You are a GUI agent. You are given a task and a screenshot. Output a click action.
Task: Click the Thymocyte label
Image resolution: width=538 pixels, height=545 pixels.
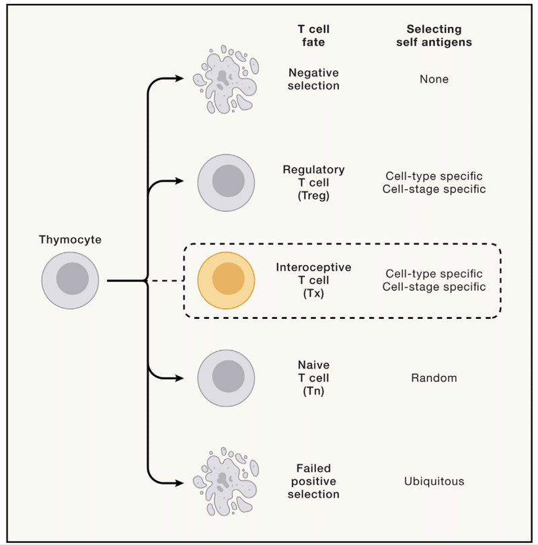click(70, 240)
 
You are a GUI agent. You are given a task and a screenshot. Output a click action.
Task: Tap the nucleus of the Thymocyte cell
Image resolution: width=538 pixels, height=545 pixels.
click(72, 279)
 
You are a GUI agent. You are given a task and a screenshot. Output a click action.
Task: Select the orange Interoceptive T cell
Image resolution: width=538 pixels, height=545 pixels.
click(226, 281)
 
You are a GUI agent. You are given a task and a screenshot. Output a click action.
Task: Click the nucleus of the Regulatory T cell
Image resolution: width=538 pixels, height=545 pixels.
click(228, 181)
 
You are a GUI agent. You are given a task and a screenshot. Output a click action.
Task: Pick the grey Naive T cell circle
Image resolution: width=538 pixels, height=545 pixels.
click(226, 378)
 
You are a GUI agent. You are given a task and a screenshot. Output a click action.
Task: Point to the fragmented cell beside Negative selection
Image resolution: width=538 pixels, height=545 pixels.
click(226, 79)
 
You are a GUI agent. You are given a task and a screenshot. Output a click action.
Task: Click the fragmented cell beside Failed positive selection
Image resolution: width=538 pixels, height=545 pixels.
click(226, 482)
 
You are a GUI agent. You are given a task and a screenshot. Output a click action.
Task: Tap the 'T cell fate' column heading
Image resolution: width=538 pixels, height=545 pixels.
click(313, 36)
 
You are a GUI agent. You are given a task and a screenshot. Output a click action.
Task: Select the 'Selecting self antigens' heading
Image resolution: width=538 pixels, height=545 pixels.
click(434, 36)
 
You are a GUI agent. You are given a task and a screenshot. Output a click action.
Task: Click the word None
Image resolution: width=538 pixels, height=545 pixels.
click(434, 79)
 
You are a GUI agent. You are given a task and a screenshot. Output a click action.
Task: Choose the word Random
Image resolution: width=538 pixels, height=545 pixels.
click(434, 378)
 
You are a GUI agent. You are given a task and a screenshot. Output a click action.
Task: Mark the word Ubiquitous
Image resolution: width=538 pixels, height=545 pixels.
click(434, 481)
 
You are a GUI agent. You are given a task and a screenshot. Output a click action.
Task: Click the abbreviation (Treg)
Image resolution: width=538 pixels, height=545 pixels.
click(313, 196)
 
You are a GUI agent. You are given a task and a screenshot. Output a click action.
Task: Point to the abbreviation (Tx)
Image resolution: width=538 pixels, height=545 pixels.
click(313, 294)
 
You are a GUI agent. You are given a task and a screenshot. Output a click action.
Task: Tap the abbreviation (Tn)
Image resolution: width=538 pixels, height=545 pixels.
click(313, 392)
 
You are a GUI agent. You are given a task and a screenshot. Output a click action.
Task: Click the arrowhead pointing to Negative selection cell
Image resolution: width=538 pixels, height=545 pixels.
click(180, 79)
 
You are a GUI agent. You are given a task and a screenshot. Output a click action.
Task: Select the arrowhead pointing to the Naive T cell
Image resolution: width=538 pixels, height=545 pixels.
click(180, 378)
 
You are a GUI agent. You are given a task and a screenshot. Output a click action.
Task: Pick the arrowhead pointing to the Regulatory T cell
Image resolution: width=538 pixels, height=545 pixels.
click(180, 181)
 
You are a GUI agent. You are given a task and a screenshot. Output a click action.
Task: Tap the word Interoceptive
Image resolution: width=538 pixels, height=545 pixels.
click(313, 267)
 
